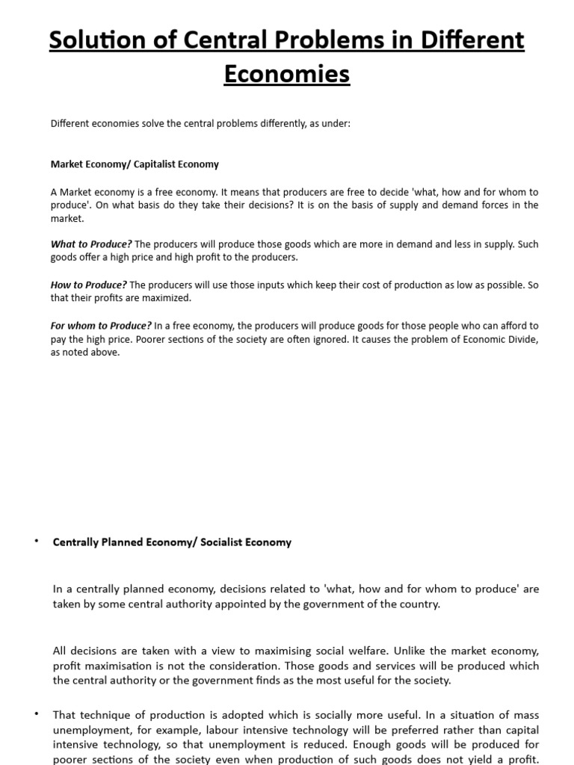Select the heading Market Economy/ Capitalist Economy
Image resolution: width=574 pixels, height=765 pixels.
click(x=135, y=164)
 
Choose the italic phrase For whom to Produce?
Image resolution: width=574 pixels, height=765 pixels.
click(x=101, y=326)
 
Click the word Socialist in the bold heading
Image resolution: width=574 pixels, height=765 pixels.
click(x=222, y=542)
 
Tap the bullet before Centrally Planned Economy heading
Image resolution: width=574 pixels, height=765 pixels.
click(x=35, y=541)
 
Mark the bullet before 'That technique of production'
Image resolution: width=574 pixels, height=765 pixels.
click(x=35, y=714)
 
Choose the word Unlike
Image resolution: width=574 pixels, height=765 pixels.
click(x=388, y=651)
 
